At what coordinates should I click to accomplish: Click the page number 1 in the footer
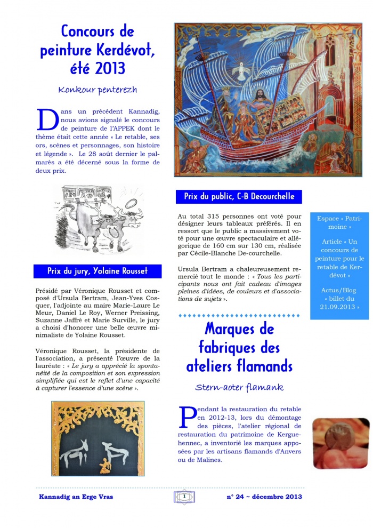(184, 497)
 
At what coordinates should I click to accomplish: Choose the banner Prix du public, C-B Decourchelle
(239, 196)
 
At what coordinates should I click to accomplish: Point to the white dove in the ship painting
(247, 69)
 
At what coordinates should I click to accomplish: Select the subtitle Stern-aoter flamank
(239, 387)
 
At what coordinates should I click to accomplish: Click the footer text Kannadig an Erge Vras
(76, 497)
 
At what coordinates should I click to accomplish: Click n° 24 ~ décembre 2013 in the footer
(264, 497)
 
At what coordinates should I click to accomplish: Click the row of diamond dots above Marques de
(239, 316)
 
